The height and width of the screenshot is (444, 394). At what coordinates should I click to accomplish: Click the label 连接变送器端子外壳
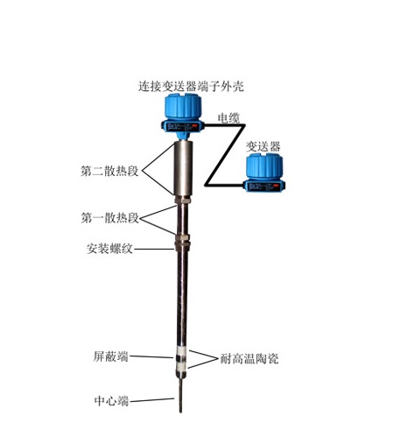191,86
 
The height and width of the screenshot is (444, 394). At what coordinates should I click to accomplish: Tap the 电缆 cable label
229,118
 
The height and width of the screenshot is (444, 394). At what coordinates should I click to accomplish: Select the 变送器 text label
263,146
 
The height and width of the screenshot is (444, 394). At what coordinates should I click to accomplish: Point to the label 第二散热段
109,171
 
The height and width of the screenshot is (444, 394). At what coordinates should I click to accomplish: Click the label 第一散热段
109,218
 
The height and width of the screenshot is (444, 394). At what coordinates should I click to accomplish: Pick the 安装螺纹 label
109,249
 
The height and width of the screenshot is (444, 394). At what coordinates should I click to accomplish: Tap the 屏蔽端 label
111,356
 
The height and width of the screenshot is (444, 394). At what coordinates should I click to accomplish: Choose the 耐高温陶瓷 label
250,358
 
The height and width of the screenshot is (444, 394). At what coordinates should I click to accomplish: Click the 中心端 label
111,401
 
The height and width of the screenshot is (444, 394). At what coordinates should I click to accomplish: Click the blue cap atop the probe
183,106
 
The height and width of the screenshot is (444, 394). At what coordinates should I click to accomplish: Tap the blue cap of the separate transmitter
264,166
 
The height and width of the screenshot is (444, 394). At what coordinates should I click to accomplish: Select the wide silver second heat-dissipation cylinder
183,168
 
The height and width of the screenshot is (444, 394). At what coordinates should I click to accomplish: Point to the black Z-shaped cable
225,155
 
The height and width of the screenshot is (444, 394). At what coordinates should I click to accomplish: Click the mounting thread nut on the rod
182,243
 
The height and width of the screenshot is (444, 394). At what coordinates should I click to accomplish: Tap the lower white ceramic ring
182,365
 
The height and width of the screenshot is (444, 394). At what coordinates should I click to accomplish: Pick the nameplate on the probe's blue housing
182,127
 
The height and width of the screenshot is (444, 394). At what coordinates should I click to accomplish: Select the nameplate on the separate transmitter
264,187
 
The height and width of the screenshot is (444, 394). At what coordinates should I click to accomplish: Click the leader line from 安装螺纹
154,249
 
